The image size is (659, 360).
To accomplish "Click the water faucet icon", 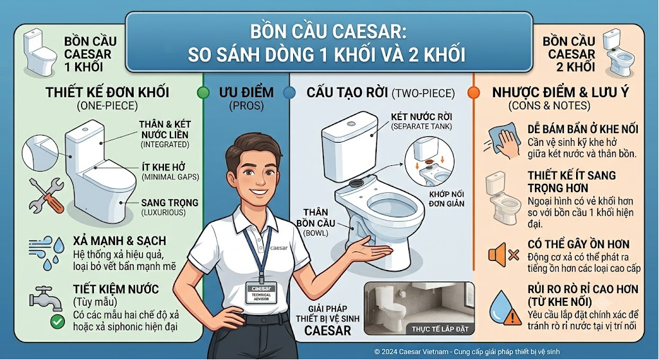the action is click(45, 298).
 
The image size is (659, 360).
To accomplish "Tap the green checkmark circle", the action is click(57, 322).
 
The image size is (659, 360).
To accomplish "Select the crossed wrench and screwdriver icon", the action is click(46, 195).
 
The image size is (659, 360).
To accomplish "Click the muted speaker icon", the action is click(503, 255).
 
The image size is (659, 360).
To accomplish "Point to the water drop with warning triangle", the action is click(505, 308).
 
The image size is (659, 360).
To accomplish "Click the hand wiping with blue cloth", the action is click(503, 140).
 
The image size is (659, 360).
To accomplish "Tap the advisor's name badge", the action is click(261, 292).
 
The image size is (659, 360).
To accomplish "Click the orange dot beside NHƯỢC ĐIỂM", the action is click(474, 93).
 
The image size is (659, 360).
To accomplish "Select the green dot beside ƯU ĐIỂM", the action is click(203, 93).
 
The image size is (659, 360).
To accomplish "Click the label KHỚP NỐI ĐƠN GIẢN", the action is click(446, 199).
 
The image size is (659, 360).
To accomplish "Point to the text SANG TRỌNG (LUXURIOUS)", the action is click(169, 207).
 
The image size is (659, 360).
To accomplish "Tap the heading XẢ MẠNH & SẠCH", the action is click(120, 240).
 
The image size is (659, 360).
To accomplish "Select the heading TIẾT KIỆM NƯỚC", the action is click(116, 289).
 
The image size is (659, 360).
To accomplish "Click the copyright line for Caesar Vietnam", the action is click(467, 352).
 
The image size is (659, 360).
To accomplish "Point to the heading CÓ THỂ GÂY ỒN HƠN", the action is click(578, 244).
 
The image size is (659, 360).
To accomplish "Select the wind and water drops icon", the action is click(46, 253).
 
